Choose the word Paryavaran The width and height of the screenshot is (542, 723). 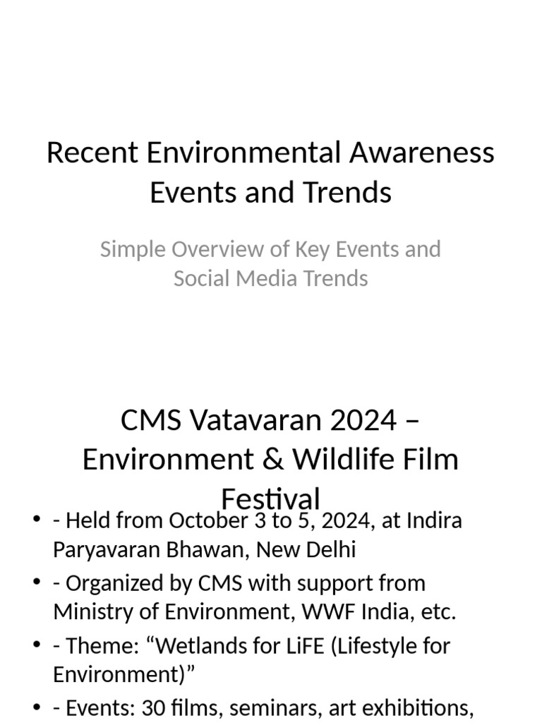click(x=112, y=549)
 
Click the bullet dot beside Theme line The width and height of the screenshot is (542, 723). click(x=36, y=645)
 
